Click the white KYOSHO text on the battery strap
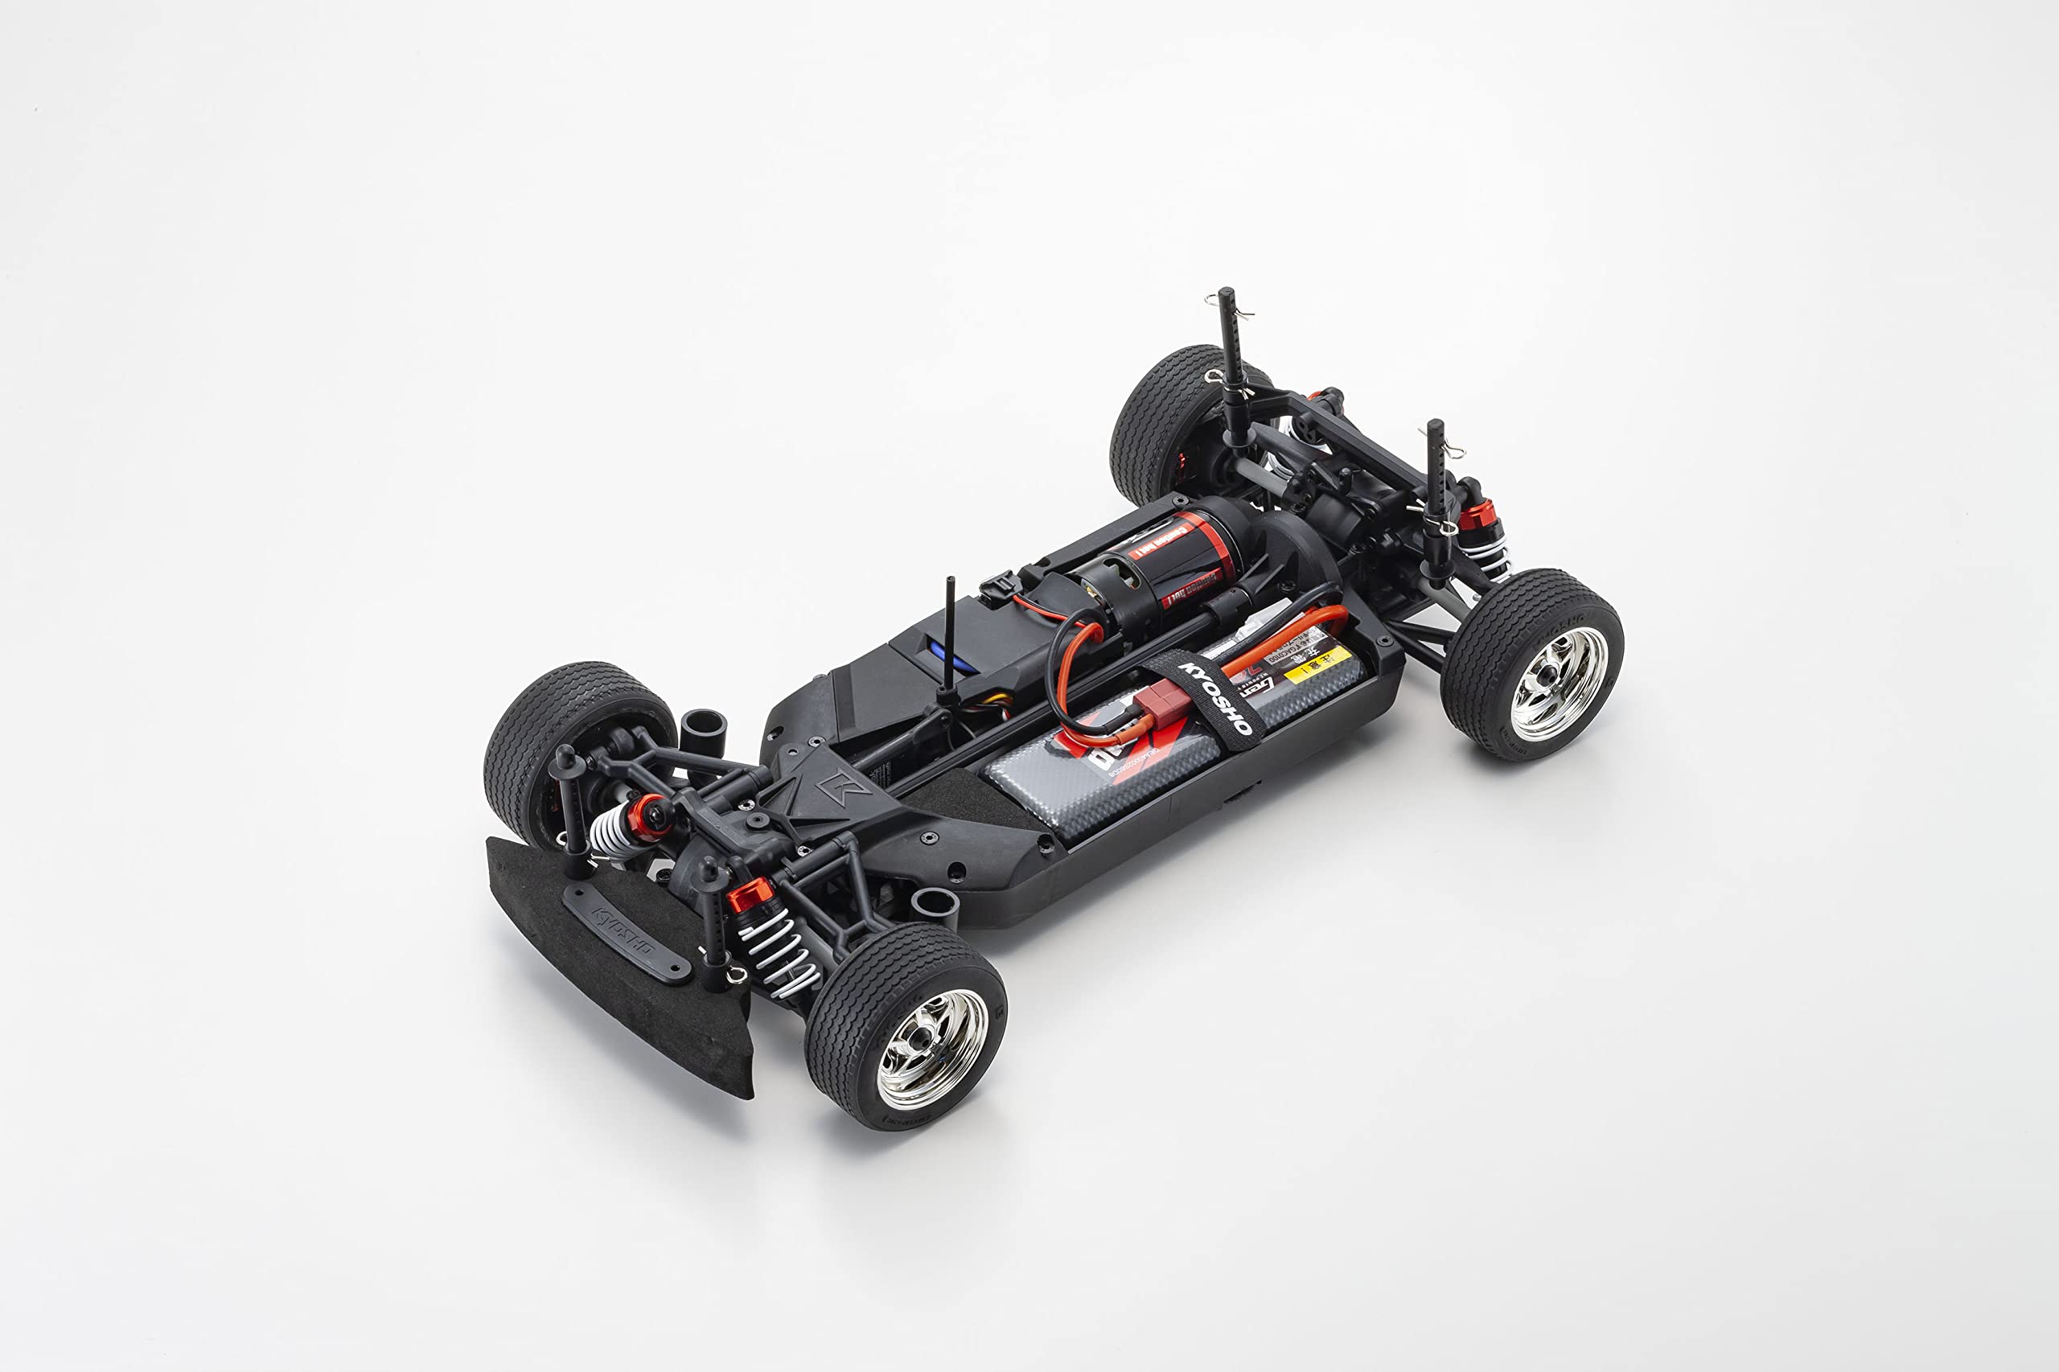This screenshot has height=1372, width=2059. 1217,697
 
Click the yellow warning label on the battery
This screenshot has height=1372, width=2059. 1317,663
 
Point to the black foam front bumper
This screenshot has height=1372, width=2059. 613,963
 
